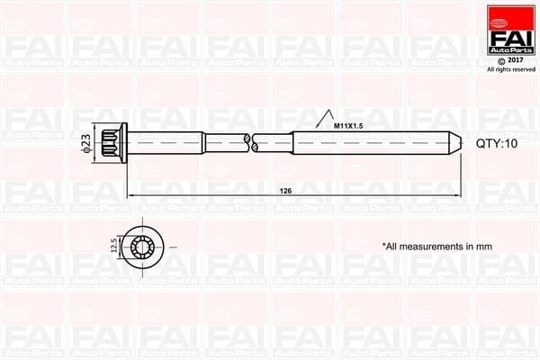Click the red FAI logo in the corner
pyautogui.click(x=510, y=31)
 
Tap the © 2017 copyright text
pyautogui.click(x=510, y=61)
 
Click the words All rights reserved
pyautogui.click(x=510, y=70)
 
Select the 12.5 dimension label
pyautogui.click(x=112, y=244)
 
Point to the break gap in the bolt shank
pyautogui.click(x=250, y=141)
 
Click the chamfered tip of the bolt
pyautogui.click(x=457, y=141)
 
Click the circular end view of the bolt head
pyautogui.click(x=144, y=245)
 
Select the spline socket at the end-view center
pyautogui.click(x=144, y=245)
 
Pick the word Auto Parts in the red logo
pyautogui.click(x=510, y=48)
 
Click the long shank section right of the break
pyautogui.click(x=360, y=141)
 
